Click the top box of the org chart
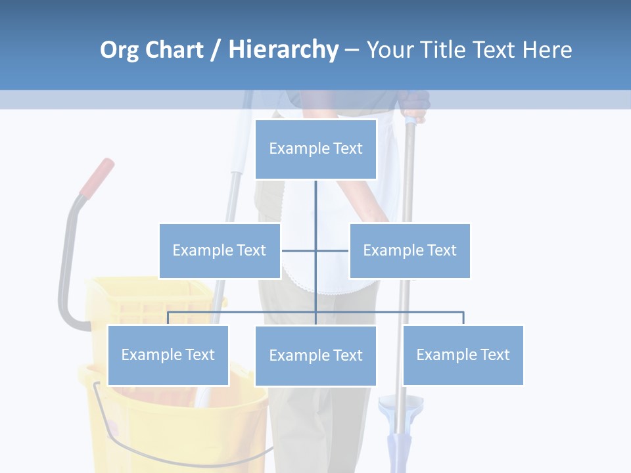315,149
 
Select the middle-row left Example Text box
220,250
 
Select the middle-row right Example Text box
409,250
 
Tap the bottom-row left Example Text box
168,355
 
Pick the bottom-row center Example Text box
315,355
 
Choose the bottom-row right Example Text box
463,355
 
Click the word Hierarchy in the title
283,50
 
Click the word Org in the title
119,50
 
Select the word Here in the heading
547,50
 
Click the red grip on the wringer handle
97,177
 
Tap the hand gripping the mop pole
414,108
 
